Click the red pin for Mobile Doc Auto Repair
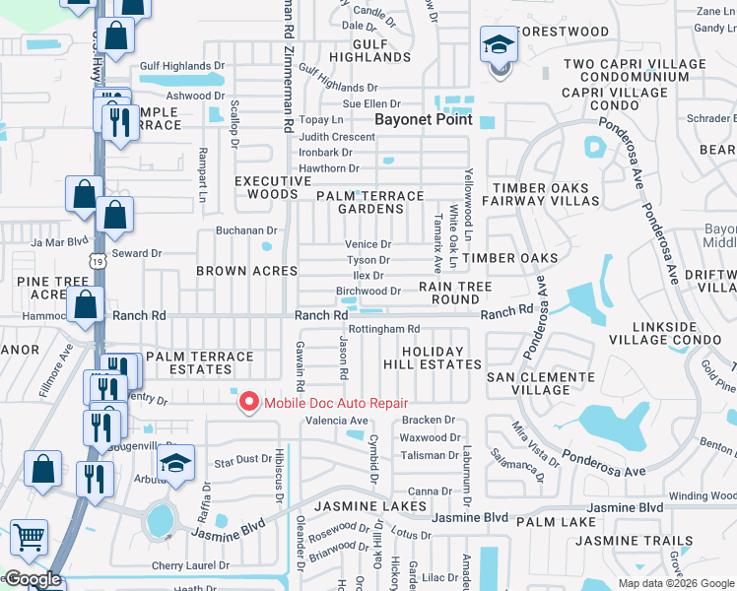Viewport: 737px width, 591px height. (x=248, y=402)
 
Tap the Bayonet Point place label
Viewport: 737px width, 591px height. (x=423, y=119)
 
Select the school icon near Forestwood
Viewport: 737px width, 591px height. (x=499, y=45)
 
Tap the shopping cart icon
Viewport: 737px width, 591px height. (x=29, y=540)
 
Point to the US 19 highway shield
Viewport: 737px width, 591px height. (x=96, y=261)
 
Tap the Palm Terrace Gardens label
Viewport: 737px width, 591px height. (x=369, y=202)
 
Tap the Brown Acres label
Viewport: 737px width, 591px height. (x=246, y=270)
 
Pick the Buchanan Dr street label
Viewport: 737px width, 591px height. (x=246, y=230)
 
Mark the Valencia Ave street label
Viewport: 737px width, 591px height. (x=337, y=421)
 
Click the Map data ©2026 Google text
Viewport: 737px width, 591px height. (x=675, y=583)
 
